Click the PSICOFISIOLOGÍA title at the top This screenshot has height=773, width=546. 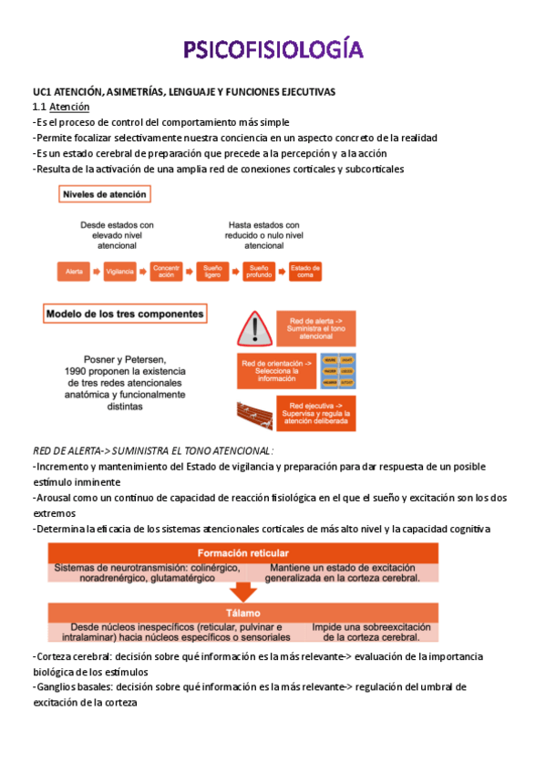(273, 50)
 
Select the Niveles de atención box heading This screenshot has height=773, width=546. (104, 194)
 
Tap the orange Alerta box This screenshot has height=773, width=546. (73, 271)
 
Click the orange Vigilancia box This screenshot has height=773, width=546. (119, 271)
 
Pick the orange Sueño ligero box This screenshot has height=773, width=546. (211, 271)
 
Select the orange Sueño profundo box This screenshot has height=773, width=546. (259, 271)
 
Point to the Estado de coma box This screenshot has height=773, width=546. (304, 271)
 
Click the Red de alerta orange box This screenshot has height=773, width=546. (315, 328)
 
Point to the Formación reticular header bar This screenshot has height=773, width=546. (244, 552)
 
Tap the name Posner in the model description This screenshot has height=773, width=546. (85, 360)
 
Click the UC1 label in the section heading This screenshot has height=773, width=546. (44, 92)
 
